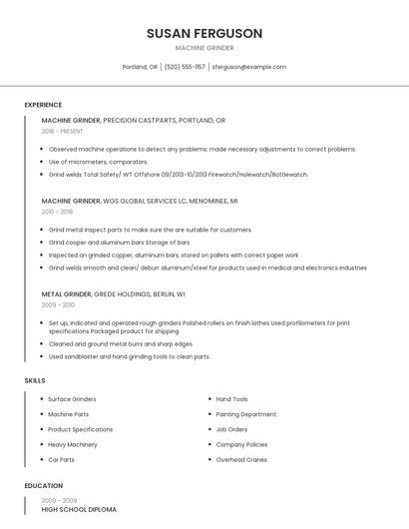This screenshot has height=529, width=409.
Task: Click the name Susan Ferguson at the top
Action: (204, 33)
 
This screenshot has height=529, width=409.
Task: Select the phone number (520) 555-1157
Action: (185, 67)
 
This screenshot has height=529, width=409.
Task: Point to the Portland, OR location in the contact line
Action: (140, 67)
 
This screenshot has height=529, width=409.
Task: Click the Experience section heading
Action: (43, 105)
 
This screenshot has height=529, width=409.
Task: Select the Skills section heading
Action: (35, 380)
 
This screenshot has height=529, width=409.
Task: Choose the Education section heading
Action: (44, 486)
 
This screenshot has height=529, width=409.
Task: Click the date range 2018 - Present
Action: (63, 131)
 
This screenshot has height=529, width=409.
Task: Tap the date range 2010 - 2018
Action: (58, 212)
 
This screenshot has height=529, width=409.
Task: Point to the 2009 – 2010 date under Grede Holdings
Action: (58, 305)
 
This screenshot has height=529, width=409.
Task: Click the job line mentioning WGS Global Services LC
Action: (140, 201)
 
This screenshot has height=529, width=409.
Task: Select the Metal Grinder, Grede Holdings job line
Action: (113, 294)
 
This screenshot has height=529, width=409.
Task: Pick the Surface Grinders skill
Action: (72, 399)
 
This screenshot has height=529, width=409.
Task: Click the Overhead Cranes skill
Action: (241, 459)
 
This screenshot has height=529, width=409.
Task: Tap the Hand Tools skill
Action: (232, 399)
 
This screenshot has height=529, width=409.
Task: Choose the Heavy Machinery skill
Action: (73, 444)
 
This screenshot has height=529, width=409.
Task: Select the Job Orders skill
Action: (231, 429)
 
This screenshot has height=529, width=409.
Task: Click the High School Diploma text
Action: (79, 510)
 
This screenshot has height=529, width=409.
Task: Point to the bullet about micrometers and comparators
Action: (98, 162)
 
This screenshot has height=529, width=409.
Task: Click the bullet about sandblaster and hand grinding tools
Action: (129, 356)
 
